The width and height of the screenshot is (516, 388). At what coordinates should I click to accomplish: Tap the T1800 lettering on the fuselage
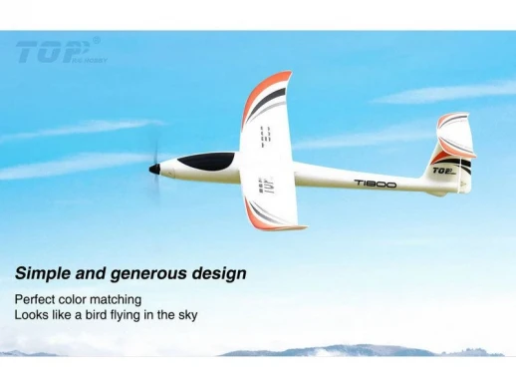(x=375, y=184)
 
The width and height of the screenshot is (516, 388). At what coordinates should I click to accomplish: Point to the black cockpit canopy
(x=210, y=160)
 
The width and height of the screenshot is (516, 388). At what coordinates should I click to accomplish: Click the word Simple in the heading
(x=43, y=272)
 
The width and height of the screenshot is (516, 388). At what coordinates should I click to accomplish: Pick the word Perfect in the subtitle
(x=37, y=299)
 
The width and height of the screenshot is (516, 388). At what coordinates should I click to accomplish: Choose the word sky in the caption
(x=186, y=315)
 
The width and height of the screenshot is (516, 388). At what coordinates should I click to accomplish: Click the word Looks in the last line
(x=31, y=315)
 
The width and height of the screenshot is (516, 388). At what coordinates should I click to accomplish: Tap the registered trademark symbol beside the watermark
(x=97, y=40)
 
